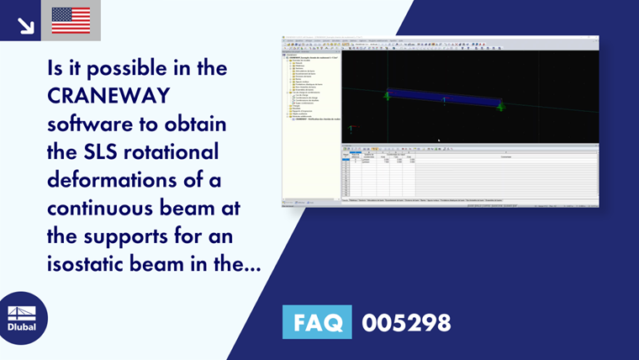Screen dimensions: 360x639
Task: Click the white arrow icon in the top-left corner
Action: [26, 24]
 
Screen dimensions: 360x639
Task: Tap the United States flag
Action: [71, 20]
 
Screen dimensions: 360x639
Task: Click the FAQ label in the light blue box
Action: [317, 322]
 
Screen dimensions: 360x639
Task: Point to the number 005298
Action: [406, 322]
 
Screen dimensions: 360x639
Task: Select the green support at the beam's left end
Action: [387, 95]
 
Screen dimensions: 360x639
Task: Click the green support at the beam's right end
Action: [500, 106]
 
